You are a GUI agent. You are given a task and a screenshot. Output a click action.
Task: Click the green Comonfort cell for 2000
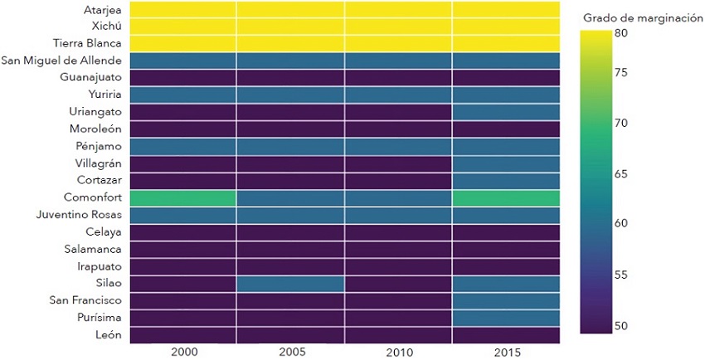point(182,198)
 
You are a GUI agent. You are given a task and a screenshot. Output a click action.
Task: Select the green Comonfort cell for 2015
point(505,198)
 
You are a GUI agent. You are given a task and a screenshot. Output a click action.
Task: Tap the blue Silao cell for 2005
point(290,284)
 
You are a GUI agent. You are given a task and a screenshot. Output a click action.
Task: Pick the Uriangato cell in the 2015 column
point(505,112)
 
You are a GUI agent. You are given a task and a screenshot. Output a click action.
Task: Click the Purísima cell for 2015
point(505,318)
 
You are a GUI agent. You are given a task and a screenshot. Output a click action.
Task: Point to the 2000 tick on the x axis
point(182,352)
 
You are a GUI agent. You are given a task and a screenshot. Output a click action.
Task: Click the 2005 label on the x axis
point(290,352)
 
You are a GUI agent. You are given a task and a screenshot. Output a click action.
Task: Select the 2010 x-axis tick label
point(398,352)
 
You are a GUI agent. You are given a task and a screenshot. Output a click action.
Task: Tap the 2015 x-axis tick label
point(505,352)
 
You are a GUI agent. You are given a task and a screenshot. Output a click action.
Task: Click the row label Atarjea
point(103,10)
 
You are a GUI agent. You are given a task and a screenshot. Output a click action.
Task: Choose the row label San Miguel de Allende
point(62,61)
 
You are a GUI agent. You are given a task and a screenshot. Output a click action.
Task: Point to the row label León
point(108,335)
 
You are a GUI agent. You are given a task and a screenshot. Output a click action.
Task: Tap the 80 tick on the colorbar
point(620,33)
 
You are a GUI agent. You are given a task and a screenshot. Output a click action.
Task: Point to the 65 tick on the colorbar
point(620,174)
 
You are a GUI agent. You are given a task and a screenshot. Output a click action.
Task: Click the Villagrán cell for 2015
point(505,163)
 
